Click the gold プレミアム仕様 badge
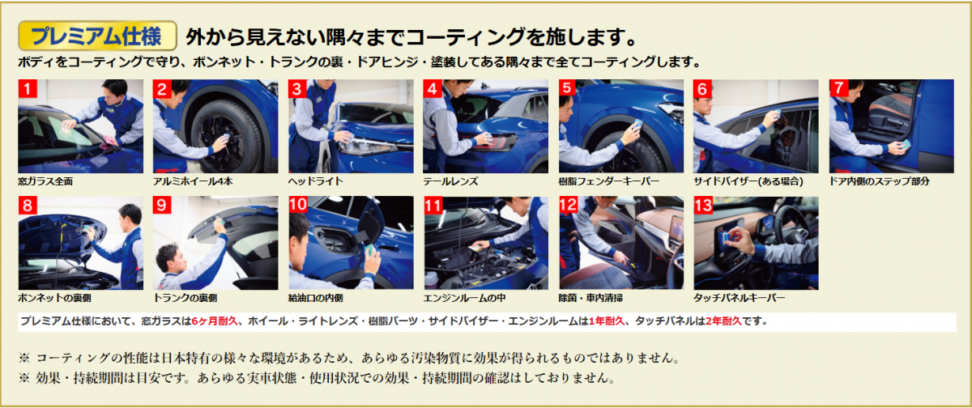pyautogui.click(x=97, y=36)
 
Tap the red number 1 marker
pyautogui.click(x=28, y=88)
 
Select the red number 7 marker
pyautogui.click(x=838, y=88)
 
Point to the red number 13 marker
pyautogui.click(x=703, y=205)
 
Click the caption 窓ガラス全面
pyautogui.click(x=45, y=181)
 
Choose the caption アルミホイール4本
pyautogui.click(x=193, y=181)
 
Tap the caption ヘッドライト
pyautogui.click(x=315, y=181)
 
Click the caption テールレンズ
pyautogui.click(x=450, y=181)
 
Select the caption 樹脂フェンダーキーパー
pyautogui.click(x=609, y=181)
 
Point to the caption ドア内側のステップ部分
pyautogui.click(x=879, y=181)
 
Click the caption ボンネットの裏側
pyautogui.click(x=55, y=298)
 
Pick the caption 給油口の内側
pyautogui.click(x=315, y=298)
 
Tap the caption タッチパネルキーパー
pyautogui.click(x=740, y=298)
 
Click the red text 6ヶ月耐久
pyautogui.click(x=215, y=321)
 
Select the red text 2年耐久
pyautogui.click(x=723, y=321)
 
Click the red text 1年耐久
pyautogui.click(x=606, y=321)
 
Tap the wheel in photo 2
pyautogui.click(x=226, y=135)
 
